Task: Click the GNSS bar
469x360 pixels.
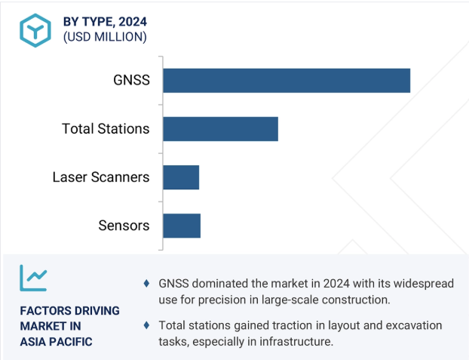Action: [287, 81]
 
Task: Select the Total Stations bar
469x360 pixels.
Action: [220, 129]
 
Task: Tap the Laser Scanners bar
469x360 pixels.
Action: [181, 177]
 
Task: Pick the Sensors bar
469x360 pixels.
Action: [182, 226]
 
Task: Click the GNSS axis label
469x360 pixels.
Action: [131, 80]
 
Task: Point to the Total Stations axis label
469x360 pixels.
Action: [106, 129]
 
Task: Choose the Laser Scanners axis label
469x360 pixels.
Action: [101, 177]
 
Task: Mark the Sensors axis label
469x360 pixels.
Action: [124, 226]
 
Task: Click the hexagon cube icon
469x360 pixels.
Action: [35, 30]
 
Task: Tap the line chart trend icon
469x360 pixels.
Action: [33, 278]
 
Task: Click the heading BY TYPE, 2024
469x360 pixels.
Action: [105, 22]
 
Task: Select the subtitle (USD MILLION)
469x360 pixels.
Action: [105, 37]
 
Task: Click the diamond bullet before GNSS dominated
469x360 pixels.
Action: [146, 283]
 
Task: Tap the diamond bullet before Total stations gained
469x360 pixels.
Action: [146, 325]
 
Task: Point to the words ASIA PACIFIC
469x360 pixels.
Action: [57, 342]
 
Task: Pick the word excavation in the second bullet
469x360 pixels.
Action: [414, 325]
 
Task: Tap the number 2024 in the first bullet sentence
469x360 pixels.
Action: [336, 283]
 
